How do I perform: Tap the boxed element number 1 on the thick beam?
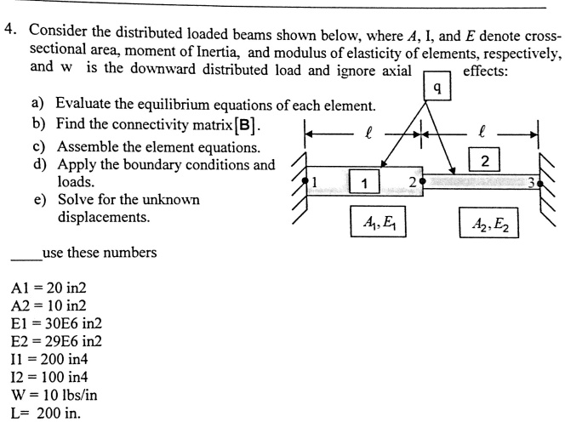[364, 181]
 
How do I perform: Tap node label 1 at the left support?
[312, 181]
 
